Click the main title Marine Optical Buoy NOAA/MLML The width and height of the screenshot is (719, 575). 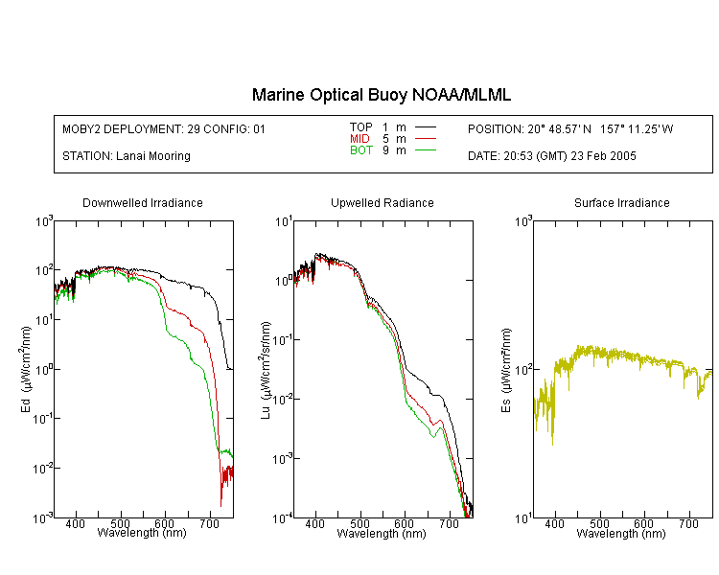[x=381, y=95]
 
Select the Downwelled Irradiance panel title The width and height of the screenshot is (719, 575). [x=143, y=202]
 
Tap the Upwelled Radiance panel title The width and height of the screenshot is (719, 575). [x=383, y=202]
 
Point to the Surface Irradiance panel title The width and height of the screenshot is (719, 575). [x=622, y=202]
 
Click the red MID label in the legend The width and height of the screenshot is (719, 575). [x=359, y=138]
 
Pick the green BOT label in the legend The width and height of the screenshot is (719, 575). [x=361, y=150]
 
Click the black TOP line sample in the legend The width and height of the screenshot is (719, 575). [x=425, y=126]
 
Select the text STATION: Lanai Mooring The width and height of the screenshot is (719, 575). [x=127, y=156]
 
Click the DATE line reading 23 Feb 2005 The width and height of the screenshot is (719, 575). [x=551, y=156]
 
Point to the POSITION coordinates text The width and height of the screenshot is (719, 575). [x=570, y=128]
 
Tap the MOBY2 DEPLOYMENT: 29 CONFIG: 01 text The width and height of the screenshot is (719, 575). [x=164, y=128]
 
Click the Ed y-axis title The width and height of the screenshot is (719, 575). [x=26, y=369]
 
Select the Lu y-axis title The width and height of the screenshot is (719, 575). [x=266, y=370]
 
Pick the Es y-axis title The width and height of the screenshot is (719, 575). [x=506, y=370]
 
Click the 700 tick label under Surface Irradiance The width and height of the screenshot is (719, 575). [x=688, y=523]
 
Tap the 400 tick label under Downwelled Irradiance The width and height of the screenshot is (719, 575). [x=75, y=523]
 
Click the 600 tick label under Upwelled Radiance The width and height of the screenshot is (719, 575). [x=404, y=523]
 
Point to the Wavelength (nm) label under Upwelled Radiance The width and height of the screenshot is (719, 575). [x=382, y=534]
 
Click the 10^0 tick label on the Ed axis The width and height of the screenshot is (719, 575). [x=44, y=369]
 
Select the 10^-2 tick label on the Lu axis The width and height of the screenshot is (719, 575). [x=283, y=399]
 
